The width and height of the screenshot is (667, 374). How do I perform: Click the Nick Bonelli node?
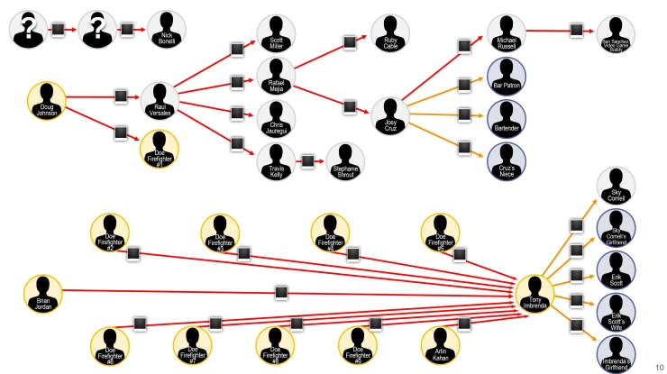click(x=167, y=30)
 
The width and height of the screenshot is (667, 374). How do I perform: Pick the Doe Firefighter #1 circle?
click(x=160, y=149)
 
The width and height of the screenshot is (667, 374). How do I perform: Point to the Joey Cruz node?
click(x=391, y=114)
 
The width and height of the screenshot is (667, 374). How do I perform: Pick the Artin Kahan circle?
click(x=442, y=346)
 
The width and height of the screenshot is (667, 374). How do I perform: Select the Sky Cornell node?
click(x=617, y=187)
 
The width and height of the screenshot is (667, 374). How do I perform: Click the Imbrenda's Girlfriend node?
click(x=617, y=351)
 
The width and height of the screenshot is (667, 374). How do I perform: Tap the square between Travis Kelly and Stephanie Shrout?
click(x=308, y=160)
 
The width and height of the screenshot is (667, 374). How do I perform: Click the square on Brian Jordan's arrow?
click(x=280, y=291)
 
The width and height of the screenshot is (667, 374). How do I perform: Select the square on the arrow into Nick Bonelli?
click(x=127, y=30)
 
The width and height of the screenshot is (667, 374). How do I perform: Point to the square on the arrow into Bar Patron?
click(x=464, y=85)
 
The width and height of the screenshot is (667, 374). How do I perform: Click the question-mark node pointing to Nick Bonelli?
click(x=96, y=29)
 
